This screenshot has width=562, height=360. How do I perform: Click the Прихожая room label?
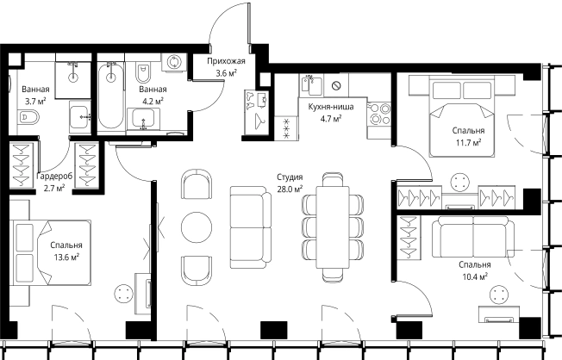pyautogui.click(x=226, y=61)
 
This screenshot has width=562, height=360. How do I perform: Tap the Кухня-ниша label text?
pyautogui.click(x=331, y=107)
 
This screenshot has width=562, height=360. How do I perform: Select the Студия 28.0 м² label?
pyautogui.click(x=290, y=183)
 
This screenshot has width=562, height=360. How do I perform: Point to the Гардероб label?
pyautogui.click(x=54, y=177)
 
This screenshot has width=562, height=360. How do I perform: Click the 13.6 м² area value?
pyautogui.click(x=66, y=258)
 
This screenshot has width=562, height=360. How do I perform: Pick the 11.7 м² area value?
pyautogui.click(x=468, y=143)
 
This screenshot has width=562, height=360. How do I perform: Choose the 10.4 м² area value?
pyautogui.click(x=475, y=277)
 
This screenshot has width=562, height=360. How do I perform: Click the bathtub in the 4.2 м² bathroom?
pyautogui.click(x=110, y=95)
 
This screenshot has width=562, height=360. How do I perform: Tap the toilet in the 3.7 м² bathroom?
pyautogui.click(x=28, y=117)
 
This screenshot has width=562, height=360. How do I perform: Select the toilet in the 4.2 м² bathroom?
pyautogui.click(x=143, y=73)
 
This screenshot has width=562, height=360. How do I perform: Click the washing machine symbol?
pyautogui.click(x=174, y=63)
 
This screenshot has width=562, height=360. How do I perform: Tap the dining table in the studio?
pyautogui.click(x=333, y=227)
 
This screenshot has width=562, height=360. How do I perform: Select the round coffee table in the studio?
pyautogui.click(x=197, y=227)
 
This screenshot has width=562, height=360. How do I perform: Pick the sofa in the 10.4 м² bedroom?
pyautogui.click(x=473, y=237)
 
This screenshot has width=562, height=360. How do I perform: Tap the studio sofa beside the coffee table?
pyautogui.click(x=251, y=227)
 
